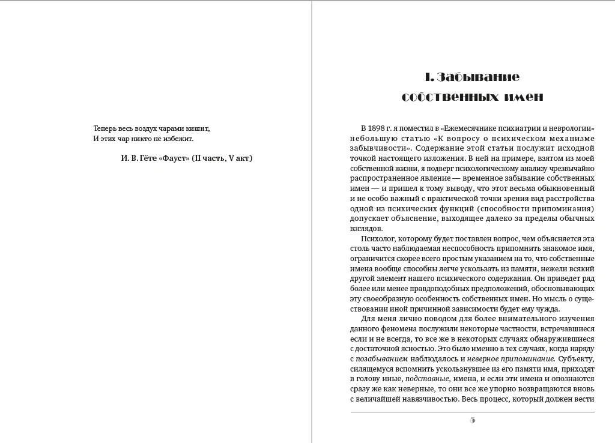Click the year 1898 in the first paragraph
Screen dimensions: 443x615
[x=377, y=128]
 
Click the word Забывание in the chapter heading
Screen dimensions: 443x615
[x=479, y=77]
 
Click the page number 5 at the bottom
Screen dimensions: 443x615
[x=473, y=420]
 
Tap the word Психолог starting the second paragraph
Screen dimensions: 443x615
[x=378, y=238]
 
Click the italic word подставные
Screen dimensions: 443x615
[x=428, y=379]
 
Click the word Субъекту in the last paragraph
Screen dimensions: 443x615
[x=577, y=359]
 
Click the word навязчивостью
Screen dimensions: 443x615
[x=428, y=399]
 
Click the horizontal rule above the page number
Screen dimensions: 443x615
[x=473, y=412]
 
